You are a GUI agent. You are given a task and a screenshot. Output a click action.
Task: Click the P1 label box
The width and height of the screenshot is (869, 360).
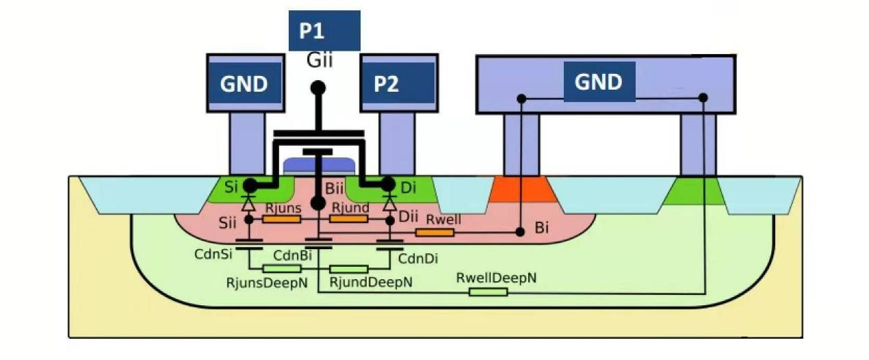[x=324, y=31]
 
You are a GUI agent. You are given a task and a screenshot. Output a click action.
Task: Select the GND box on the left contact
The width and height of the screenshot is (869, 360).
[x=245, y=83]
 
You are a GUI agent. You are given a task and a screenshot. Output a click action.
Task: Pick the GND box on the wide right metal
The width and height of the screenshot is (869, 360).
[x=599, y=81]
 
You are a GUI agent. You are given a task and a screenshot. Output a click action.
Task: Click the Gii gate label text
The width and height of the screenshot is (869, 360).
[x=320, y=61]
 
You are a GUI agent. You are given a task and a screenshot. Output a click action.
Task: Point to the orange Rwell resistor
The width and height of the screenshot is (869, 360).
[x=434, y=233]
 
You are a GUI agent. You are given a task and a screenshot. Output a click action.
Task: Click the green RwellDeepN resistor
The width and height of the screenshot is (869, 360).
[x=488, y=292]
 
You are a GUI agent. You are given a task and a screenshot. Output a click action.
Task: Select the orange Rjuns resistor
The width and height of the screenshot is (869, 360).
[x=282, y=219]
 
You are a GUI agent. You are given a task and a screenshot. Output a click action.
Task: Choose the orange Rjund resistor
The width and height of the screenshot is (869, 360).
[x=349, y=219]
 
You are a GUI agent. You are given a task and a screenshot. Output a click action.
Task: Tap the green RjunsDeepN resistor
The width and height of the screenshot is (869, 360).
[x=282, y=268]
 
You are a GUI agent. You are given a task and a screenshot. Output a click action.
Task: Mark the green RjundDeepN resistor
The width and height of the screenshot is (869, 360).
[x=348, y=268]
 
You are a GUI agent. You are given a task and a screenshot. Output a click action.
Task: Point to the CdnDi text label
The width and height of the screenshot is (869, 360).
[x=418, y=258]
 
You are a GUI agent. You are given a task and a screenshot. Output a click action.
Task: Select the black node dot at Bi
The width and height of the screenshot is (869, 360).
[x=521, y=232]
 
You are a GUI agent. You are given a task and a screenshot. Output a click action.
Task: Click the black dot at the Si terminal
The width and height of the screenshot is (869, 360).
[x=250, y=185]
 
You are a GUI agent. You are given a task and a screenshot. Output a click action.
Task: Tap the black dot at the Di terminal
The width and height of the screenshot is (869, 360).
[x=389, y=185]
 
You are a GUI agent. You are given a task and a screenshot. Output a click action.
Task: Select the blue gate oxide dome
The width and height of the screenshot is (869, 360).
[x=320, y=165]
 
